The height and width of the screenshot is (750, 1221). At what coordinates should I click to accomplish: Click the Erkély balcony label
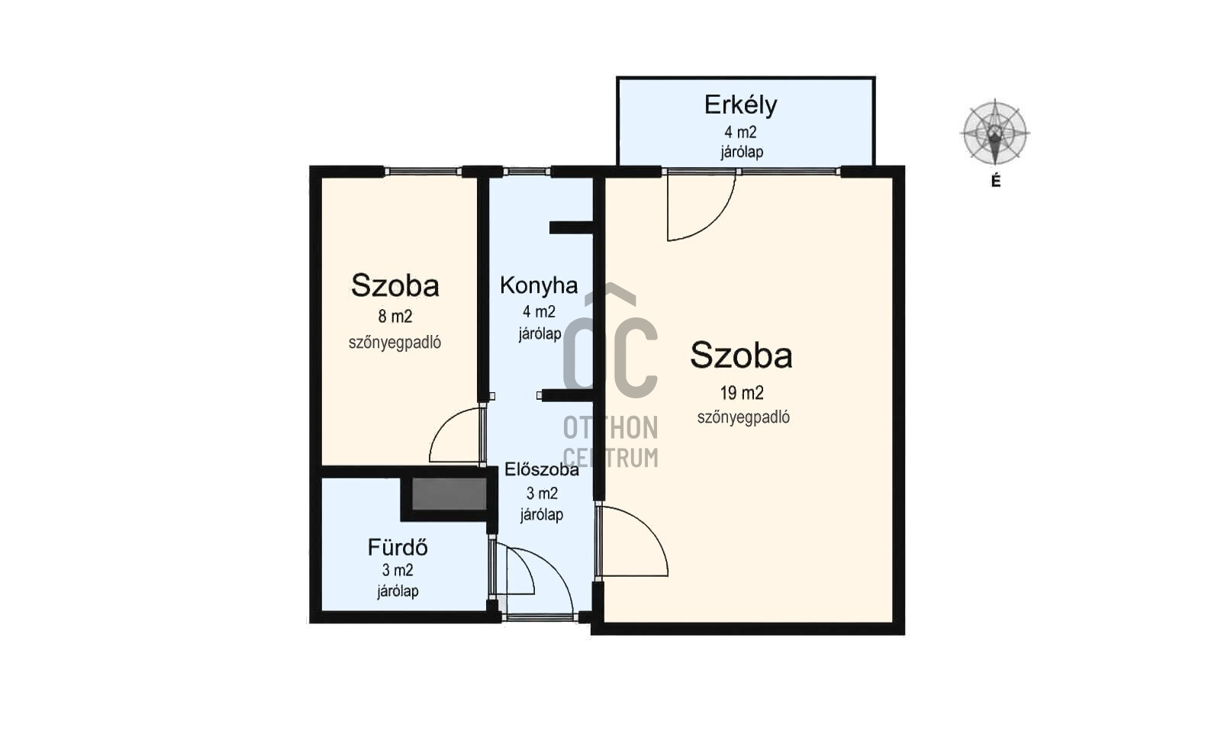coord(740,105)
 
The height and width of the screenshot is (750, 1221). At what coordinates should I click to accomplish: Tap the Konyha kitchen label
coord(539,285)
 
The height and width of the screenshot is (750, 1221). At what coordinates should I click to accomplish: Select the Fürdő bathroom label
coord(398,547)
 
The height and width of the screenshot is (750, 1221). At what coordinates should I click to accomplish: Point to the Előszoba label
coord(541,469)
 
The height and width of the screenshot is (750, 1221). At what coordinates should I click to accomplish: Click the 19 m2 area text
coord(742,392)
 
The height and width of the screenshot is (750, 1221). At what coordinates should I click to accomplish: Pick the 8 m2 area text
coord(395,316)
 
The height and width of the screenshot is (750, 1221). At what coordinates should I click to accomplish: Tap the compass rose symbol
coord(995,133)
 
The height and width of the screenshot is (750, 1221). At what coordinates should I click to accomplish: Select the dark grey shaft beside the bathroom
coord(449,494)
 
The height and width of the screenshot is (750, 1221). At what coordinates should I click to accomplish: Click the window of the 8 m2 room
coord(423,172)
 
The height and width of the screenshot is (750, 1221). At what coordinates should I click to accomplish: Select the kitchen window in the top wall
coord(527,172)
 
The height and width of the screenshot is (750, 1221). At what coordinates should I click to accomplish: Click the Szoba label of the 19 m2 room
coord(741,356)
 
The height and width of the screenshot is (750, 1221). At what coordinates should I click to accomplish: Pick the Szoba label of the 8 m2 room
coord(395,285)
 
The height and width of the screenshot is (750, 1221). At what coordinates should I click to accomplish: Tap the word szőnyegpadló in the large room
coord(743,417)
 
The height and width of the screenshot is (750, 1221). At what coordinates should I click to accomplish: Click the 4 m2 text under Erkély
coord(740,133)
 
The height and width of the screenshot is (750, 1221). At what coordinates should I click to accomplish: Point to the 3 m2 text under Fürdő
coord(398,570)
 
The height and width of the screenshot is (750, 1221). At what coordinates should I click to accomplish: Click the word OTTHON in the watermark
coord(610,428)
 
